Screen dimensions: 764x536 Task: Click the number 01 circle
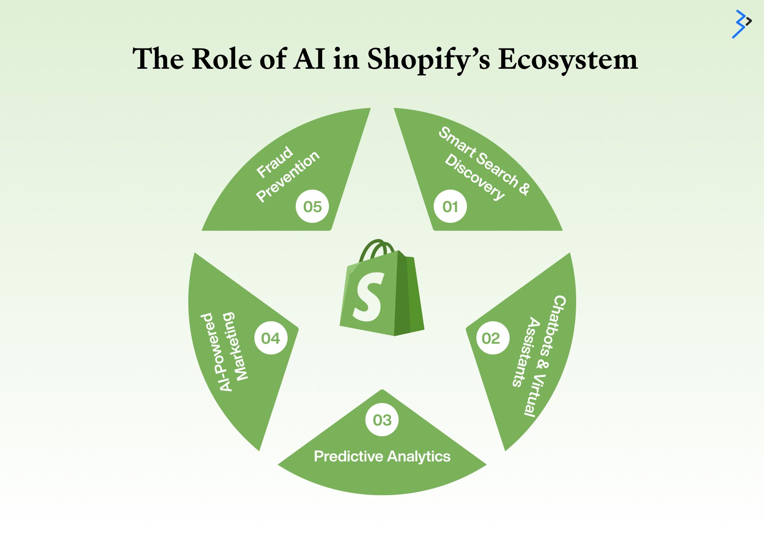[450, 206]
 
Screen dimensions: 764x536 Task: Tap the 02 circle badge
[493, 338]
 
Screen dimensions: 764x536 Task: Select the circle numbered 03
[382, 420]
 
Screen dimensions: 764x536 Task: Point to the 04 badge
[271, 338]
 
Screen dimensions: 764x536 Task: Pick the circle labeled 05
[312, 206]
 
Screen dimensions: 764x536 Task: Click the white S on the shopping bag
[368, 297]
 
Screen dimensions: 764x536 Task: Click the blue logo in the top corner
[742, 24]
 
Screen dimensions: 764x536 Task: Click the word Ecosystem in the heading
[568, 59]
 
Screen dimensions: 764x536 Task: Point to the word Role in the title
[222, 59]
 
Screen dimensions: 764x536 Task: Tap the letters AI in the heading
[309, 59]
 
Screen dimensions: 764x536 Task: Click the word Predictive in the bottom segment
[348, 456]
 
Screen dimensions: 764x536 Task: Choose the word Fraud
[275, 162]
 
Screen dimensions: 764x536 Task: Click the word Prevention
[288, 176]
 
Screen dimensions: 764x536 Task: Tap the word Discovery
[475, 177]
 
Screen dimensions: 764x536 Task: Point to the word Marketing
[235, 346]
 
